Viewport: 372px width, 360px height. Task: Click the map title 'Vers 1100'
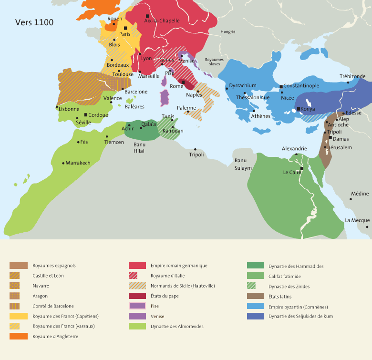34,23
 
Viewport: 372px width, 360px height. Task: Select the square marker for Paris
125,28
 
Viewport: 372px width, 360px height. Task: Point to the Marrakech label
78,163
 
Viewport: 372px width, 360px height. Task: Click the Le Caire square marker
302,168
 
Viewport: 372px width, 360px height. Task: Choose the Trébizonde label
352,76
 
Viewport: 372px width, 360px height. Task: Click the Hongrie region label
227,32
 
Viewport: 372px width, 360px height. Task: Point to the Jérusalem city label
340,148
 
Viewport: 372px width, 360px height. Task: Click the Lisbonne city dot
57,106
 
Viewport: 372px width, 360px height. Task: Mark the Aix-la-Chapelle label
162,21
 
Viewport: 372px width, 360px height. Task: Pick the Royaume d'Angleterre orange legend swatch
19,336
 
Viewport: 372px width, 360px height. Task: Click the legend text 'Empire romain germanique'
179,266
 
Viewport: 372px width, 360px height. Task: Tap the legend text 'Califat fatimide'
285,276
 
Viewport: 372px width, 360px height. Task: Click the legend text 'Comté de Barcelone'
53,306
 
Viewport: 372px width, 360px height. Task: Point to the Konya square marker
299,109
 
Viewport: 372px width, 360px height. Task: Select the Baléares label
134,107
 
